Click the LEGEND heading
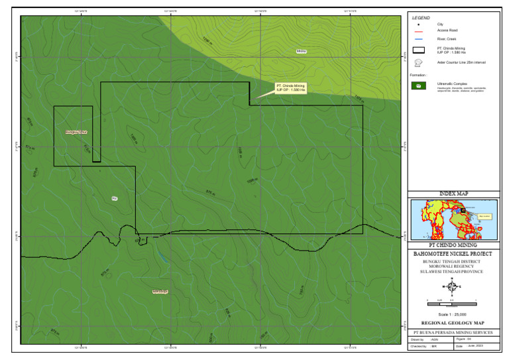point(421,17)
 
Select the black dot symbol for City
point(419,24)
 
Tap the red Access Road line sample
point(419,30)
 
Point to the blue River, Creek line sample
point(419,39)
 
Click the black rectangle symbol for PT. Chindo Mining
point(419,50)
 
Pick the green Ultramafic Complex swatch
point(419,85)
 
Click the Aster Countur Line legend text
point(457,62)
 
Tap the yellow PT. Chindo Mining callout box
point(290,88)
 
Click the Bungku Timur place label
point(76,133)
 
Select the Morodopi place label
point(160,292)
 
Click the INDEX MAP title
point(454,194)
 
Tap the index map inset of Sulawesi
point(454,219)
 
